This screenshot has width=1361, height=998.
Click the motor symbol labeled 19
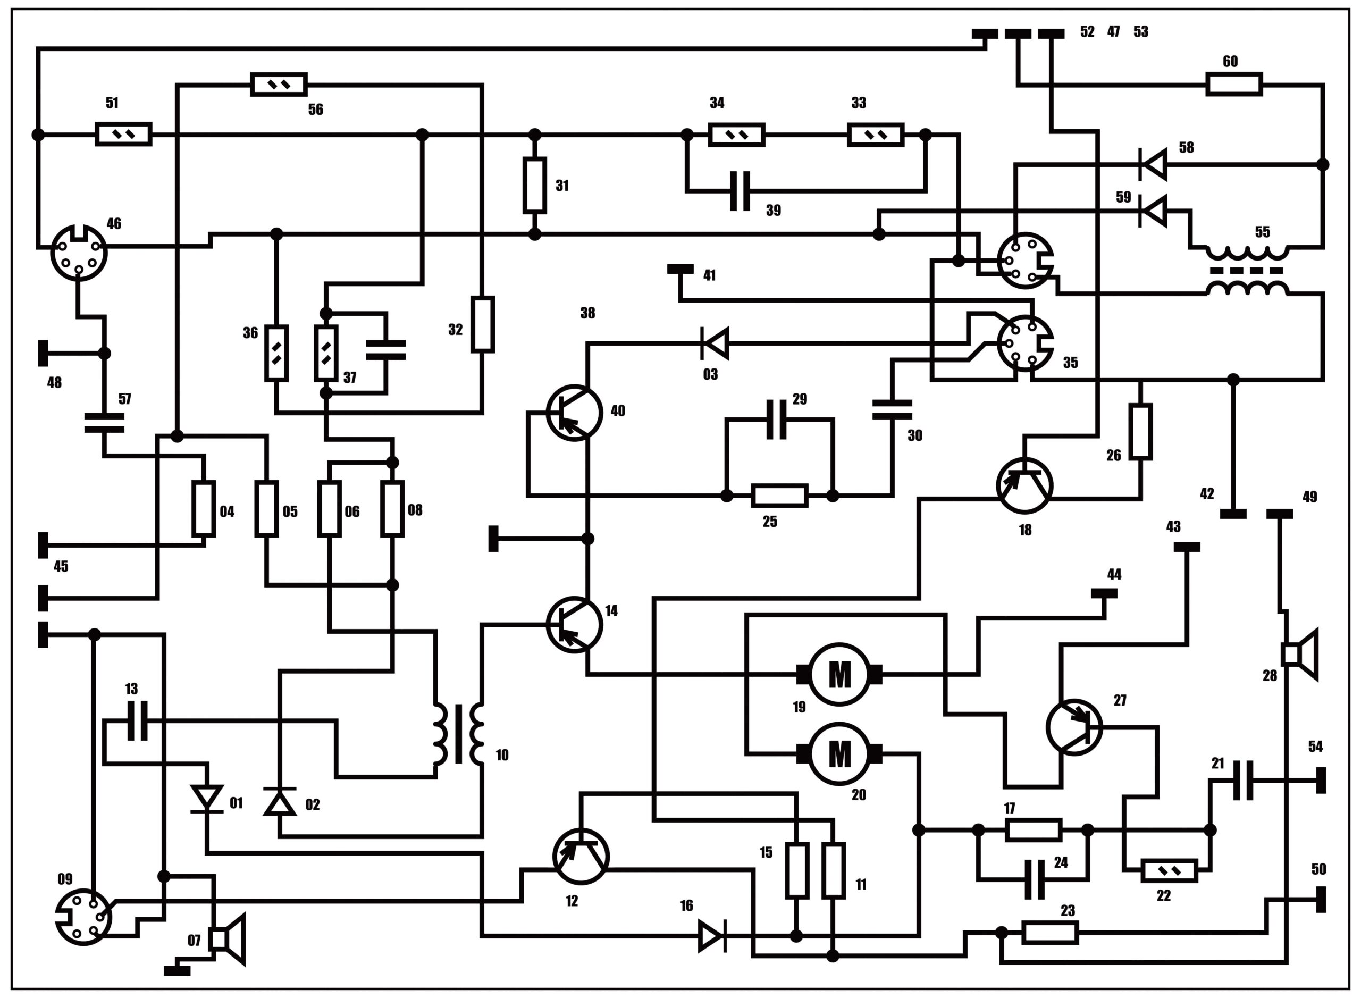[839, 674]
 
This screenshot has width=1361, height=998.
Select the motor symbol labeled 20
[839, 753]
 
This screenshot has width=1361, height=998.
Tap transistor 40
[574, 413]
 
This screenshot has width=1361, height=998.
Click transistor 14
[574, 625]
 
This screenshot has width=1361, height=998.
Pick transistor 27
[1073, 727]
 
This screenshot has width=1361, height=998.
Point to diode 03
[715, 343]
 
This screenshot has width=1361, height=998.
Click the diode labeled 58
[1153, 164]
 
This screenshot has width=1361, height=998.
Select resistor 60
[1233, 84]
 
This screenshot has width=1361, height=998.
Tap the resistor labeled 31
[535, 186]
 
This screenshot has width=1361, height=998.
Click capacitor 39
[740, 191]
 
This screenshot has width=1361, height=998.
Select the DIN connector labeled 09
[83, 917]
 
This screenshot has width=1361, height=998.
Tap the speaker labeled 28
[1299, 655]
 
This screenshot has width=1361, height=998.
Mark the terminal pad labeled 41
[680, 269]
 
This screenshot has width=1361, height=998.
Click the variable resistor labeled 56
[279, 85]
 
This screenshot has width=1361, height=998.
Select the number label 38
[587, 313]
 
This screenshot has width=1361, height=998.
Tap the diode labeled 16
[712, 936]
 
